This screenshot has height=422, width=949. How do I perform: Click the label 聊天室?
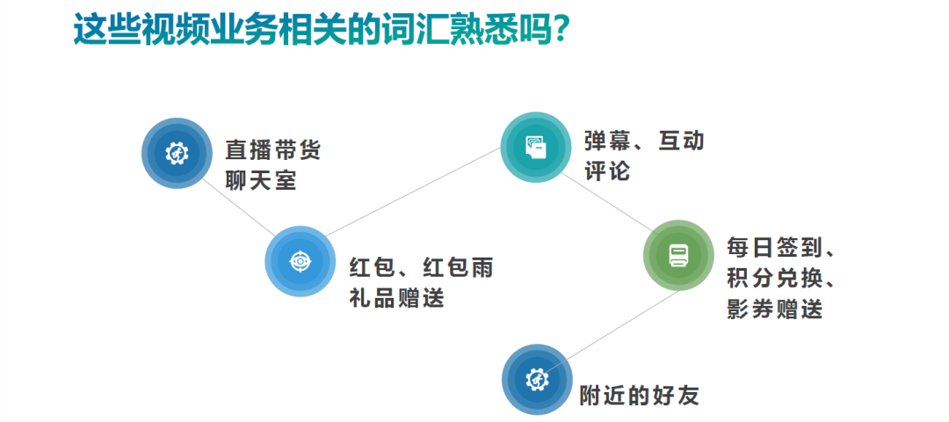pyautogui.click(x=261, y=181)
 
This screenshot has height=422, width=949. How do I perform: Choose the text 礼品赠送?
pyautogui.click(x=396, y=298)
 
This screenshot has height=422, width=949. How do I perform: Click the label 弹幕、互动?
pyautogui.click(x=644, y=141)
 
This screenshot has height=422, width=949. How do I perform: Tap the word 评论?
pyautogui.click(x=607, y=171)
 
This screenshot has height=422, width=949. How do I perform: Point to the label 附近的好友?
pyautogui.click(x=639, y=395)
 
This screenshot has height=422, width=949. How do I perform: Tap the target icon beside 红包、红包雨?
pyautogui.click(x=301, y=261)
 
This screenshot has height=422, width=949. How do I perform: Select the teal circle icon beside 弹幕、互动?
pyautogui.click(x=536, y=147)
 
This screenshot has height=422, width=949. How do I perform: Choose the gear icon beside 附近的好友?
pyautogui.click(x=537, y=380)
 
